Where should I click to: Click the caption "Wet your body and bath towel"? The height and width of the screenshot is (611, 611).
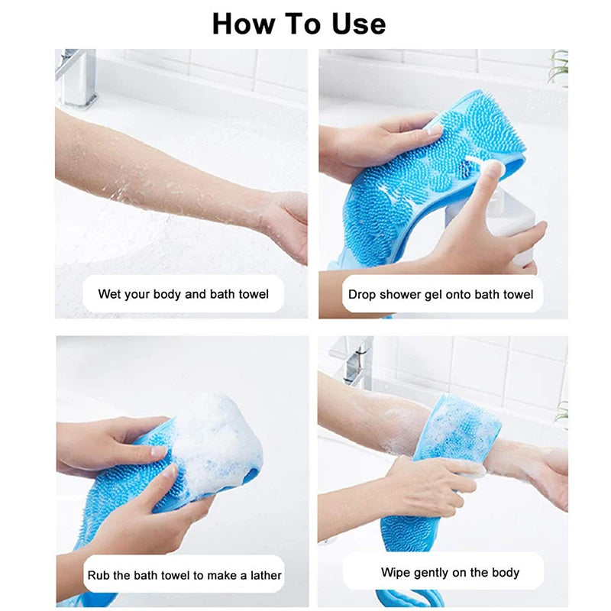pyautogui.click(x=183, y=294)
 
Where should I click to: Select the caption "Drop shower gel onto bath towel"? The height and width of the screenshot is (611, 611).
pyautogui.click(x=441, y=294)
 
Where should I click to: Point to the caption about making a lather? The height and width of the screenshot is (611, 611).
pyautogui.click(x=183, y=575)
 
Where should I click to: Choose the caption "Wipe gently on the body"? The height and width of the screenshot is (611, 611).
pyautogui.click(x=450, y=572)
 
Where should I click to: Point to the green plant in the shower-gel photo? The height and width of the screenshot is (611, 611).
pyautogui.click(x=559, y=67)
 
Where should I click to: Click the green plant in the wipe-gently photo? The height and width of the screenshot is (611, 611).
pyautogui.click(x=562, y=412)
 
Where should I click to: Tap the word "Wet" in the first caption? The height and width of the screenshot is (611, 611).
pyautogui.click(x=110, y=294)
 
